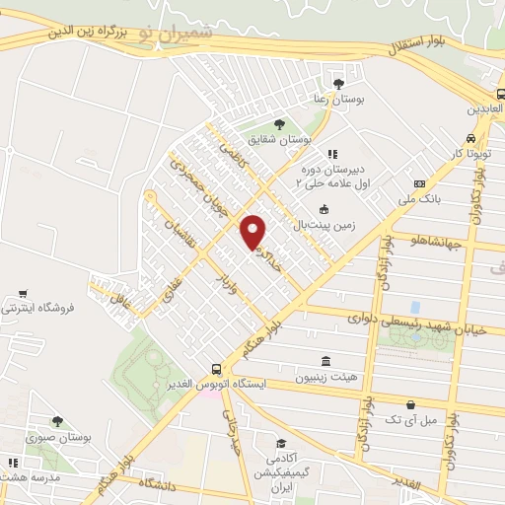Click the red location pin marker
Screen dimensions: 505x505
[x=253, y=231]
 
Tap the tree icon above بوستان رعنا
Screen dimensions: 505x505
[x=339, y=83]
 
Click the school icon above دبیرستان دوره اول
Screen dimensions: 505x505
[x=332, y=153]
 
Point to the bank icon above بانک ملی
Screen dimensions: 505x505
[x=419, y=183]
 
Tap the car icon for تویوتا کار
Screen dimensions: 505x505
[x=471, y=138]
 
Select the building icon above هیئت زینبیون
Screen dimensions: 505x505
[x=325, y=361]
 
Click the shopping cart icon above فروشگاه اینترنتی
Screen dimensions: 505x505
[x=23, y=293]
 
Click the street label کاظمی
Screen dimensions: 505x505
[x=233, y=154]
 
